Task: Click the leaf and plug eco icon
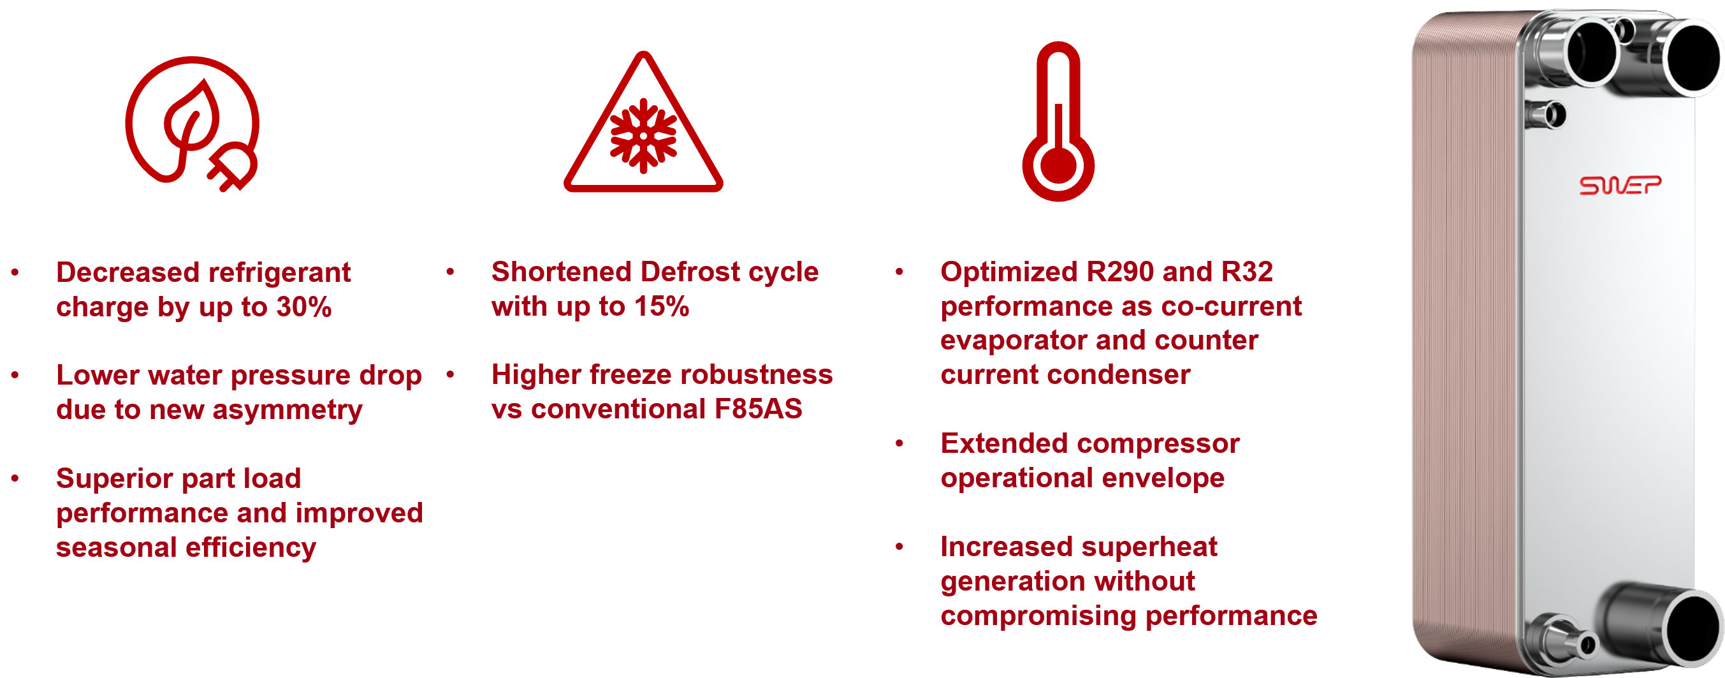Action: [x=192, y=124]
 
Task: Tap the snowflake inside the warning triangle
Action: [x=643, y=136]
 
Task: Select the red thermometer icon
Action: [x=1058, y=122]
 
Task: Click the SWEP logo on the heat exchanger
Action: [x=1620, y=185]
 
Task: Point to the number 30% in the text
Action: [x=304, y=307]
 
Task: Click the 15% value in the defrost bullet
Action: [x=662, y=307]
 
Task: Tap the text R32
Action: [x=1247, y=272]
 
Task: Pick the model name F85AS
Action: [x=758, y=409]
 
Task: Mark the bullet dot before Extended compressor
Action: [x=899, y=443]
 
